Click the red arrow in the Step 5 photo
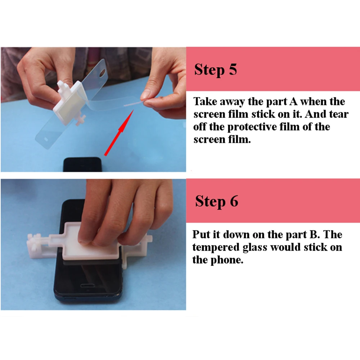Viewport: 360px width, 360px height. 119,133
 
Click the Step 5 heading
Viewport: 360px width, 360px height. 215,69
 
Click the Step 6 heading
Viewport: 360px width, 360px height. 216,201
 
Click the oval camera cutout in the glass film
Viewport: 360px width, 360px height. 102,73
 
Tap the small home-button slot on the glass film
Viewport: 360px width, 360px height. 46,139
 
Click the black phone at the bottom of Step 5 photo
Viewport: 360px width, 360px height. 82,164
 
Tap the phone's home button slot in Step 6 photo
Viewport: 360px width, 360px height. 87,285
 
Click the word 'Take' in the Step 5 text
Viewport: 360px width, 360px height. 205,102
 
